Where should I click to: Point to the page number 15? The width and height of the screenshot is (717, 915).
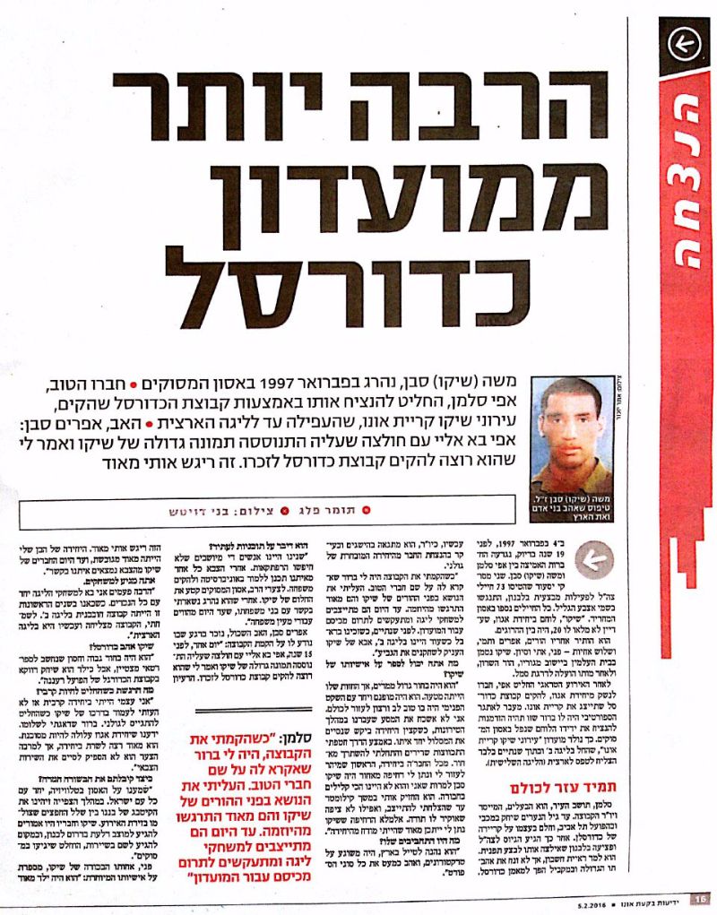(700, 898)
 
